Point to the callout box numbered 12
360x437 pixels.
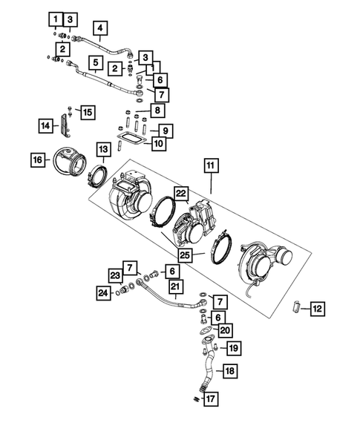coord(316,306)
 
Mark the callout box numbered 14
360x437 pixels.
coord(46,127)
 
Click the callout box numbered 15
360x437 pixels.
coord(88,112)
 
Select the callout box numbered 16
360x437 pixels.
coord(36,159)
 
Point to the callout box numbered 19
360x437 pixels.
coord(233,347)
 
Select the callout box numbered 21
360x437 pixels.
coord(175,286)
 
